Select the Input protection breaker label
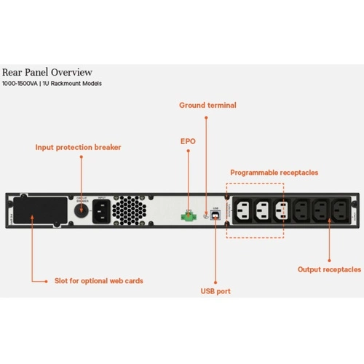tap(78, 146)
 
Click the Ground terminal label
tap(207, 106)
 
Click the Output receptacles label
tap(329, 269)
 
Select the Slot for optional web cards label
tap(99, 280)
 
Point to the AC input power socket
tap(102, 211)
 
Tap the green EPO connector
tap(187, 216)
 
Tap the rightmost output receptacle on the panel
tap(339, 211)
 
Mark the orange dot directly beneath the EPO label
tap(187, 151)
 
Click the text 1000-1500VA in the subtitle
tap(21, 84)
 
